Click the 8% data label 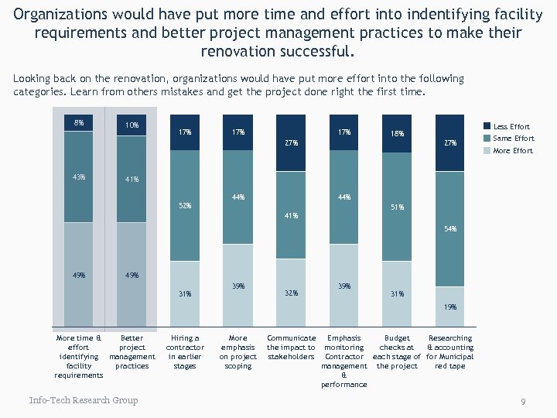coord(79,122)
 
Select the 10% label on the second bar coord(132,125)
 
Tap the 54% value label coord(450,229)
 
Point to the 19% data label coord(450,307)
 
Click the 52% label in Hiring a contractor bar coord(185,206)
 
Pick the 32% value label coord(291,293)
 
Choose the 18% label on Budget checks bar coord(397,133)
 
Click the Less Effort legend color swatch coord(487,126)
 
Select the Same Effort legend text coord(513,139)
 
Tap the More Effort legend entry coord(513,150)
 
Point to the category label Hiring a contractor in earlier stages coord(185,352)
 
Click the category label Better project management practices coord(132,352)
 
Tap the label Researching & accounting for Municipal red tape coord(450,352)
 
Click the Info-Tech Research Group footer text coord(84,400)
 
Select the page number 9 coord(524,402)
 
